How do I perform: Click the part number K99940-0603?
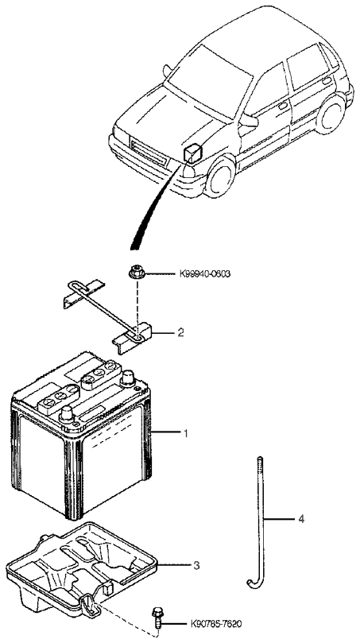coord(205,274)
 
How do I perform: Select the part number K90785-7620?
coord(218,625)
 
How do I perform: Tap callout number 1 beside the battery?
coord(185,434)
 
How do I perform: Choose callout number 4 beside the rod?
coord(301,519)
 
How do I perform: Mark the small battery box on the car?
coord(194,151)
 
